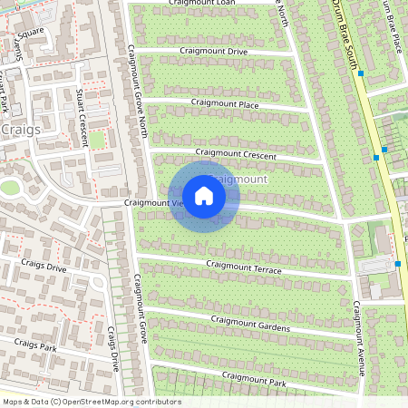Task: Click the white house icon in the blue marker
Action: click(204, 196)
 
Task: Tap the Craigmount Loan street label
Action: click(201, 4)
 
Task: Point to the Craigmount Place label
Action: click(225, 104)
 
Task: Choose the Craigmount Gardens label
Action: click(250, 322)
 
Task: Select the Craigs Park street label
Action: click(36, 345)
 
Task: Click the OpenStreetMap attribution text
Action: click(92, 402)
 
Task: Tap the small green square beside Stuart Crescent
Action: click(96, 141)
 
